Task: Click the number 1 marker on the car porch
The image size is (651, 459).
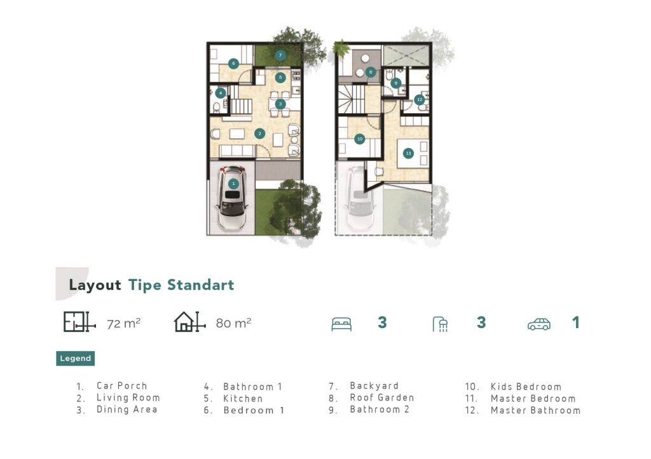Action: [233, 184]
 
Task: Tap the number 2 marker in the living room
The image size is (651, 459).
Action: [259, 134]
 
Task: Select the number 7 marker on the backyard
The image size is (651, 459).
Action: [280, 55]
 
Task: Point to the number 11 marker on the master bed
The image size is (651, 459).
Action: [409, 153]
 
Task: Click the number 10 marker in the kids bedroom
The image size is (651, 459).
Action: [360, 139]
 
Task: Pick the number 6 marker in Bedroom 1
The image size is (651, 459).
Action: [233, 64]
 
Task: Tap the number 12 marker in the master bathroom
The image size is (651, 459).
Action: [420, 100]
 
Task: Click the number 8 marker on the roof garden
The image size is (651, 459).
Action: [371, 72]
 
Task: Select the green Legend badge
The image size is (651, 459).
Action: [75, 358]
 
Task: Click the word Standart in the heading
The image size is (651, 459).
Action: [200, 285]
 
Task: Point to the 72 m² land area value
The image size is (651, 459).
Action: [123, 324]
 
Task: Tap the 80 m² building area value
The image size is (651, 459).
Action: [233, 323]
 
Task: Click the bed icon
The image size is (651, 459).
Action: [341, 324]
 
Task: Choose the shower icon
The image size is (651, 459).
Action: [440, 324]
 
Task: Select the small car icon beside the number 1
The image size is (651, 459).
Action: [539, 324]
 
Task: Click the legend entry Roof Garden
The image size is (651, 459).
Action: [382, 397]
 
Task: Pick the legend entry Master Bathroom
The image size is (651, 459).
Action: [535, 411]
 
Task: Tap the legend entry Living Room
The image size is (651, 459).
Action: [128, 397]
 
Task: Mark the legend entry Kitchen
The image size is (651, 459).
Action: [243, 399]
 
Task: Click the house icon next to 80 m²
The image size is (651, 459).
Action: [189, 322]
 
